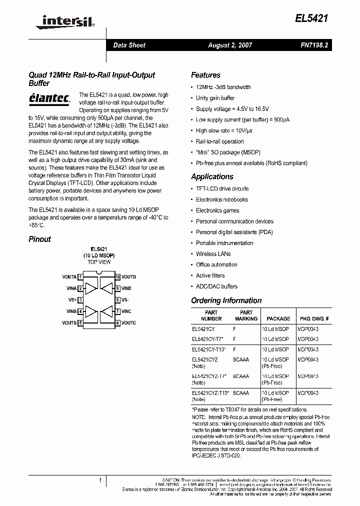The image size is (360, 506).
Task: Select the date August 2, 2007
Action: click(230, 45)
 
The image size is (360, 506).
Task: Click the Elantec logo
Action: click(49, 98)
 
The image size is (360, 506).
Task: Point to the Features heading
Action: click(205, 75)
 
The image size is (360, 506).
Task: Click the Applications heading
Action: click(212, 176)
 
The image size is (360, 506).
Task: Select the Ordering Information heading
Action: click(226, 300)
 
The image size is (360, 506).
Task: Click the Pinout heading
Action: click(39, 239)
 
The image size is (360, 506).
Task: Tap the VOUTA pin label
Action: click(69, 277)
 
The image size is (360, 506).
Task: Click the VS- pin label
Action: click(125, 300)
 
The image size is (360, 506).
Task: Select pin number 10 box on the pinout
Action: click(117, 277)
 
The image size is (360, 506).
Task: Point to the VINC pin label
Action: click(126, 311)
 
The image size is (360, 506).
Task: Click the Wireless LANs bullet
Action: click(213, 254)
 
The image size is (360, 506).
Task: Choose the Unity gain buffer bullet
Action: click(215, 98)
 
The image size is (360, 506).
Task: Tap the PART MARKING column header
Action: click(246, 315)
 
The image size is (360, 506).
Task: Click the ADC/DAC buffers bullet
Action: click(216, 286)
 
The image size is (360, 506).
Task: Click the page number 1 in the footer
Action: click(100, 480)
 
